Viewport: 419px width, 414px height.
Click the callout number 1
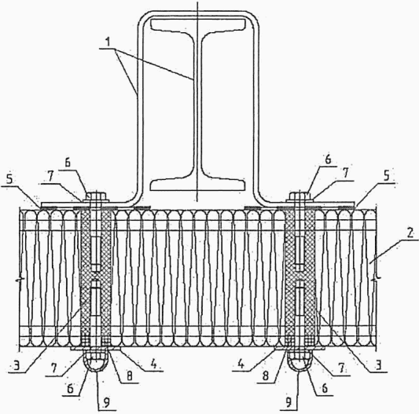click(x=108, y=42)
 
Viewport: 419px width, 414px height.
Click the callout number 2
click(x=410, y=233)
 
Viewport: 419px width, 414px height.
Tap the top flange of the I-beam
click(x=198, y=24)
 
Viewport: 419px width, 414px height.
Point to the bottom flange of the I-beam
click(x=198, y=184)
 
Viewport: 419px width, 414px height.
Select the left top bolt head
click(x=95, y=197)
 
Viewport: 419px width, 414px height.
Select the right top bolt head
click(x=300, y=197)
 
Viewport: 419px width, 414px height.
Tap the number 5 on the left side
click(x=9, y=179)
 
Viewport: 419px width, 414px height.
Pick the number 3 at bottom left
click(x=17, y=365)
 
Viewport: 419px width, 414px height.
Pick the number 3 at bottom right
click(x=378, y=365)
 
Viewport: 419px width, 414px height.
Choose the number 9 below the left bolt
click(x=107, y=403)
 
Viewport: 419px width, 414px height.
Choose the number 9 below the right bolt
click(x=289, y=403)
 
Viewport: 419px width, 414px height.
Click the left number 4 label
click(x=153, y=364)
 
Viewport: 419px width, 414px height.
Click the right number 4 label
click(x=241, y=365)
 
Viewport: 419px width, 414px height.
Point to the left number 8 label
click(x=130, y=376)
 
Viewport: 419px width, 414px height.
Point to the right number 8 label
click(x=266, y=376)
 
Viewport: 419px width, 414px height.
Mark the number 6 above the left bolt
click(x=68, y=163)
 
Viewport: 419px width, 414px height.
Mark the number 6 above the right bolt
click(x=328, y=159)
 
